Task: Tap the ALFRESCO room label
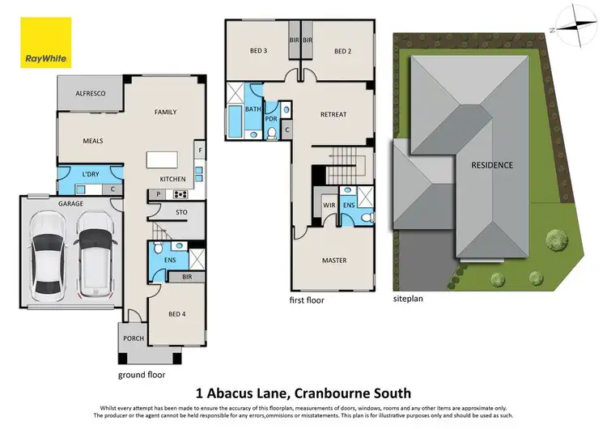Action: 91,95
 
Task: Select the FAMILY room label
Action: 165,113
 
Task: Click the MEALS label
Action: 93,141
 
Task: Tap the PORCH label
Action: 133,338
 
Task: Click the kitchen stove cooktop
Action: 180,194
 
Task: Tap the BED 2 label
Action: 344,51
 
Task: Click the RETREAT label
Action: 333,114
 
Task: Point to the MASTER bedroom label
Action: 333,260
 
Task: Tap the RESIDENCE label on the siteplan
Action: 492,165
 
